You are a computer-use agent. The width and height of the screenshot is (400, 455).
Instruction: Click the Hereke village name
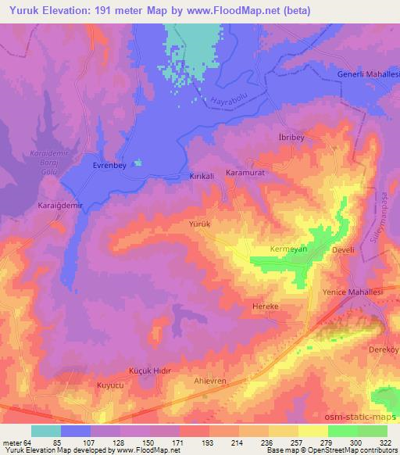pos(265,307)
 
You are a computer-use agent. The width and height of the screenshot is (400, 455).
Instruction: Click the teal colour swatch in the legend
pos(46,431)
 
